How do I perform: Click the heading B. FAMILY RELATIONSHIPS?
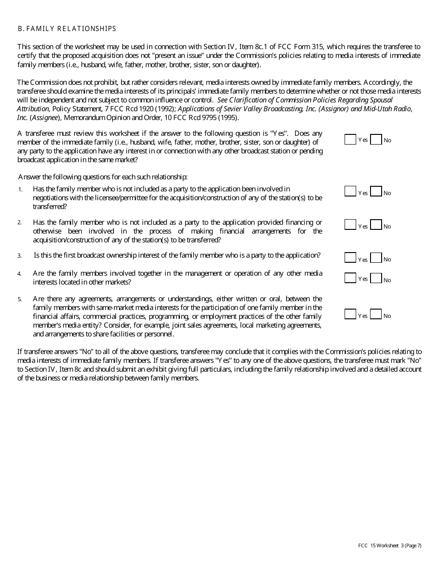click(x=67, y=29)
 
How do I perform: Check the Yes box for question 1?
click(x=350, y=191)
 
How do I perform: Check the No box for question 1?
click(x=376, y=191)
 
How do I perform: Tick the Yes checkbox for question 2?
click(x=350, y=225)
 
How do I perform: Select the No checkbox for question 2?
click(x=376, y=225)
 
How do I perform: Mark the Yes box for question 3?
click(x=350, y=258)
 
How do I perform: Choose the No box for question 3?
click(x=376, y=258)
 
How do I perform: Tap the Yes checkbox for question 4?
click(x=350, y=278)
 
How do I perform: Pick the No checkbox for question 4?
click(x=376, y=278)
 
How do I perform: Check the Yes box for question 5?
click(x=350, y=314)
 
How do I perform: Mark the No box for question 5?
click(x=376, y=314)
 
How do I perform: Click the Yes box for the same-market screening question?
click(x=350, y=139)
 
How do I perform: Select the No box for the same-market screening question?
click(x=376, y=139)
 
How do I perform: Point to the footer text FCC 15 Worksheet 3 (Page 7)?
click(x=390, y=545)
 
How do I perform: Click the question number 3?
click(x=19, y=256)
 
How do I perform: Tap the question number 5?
click(x=19, y=299)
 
